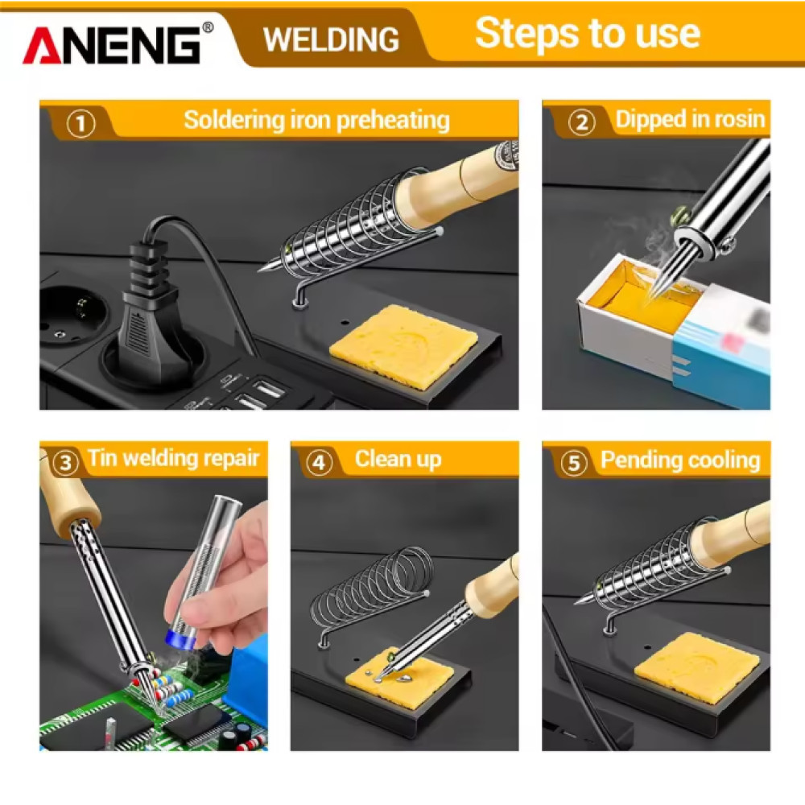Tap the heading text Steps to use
(x=587, y=33)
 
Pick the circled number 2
(x=582, y=122)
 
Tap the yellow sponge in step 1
(x=411, y=345)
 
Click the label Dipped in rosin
(x=689, y=120)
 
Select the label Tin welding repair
(x=173, y=459)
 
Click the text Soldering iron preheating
(x=316, y=121)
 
